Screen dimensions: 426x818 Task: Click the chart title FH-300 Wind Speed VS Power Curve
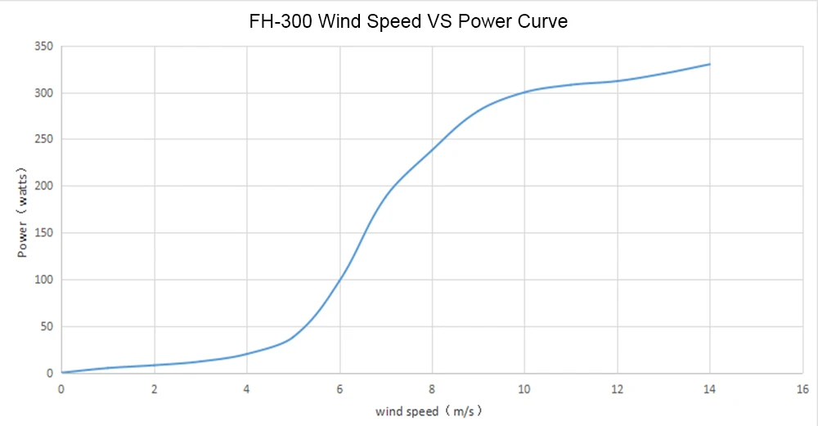(408, 21)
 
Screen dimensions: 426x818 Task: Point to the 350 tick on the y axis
(43, 47)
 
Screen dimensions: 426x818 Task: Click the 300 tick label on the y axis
(43, 93)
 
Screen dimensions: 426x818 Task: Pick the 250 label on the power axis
(43, 140)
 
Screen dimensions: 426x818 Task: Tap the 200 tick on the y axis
(43, 186)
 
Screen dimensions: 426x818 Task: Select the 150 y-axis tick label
(43, 233)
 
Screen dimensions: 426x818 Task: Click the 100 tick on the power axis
(43, 280)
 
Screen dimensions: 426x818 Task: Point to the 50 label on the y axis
(47, 327)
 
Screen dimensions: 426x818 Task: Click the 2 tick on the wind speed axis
(154, 388)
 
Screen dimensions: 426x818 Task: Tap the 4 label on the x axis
(246, 388)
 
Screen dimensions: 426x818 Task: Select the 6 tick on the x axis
(339, 388)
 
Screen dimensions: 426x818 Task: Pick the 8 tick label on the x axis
(432, 388)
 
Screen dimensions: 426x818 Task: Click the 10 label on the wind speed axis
(524, 388)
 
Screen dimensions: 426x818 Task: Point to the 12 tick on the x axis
(617, 388)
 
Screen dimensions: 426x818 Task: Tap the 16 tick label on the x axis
(802, 388)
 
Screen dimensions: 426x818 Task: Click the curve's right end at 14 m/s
(709, 65)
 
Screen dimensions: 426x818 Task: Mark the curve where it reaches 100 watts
(339, 280)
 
